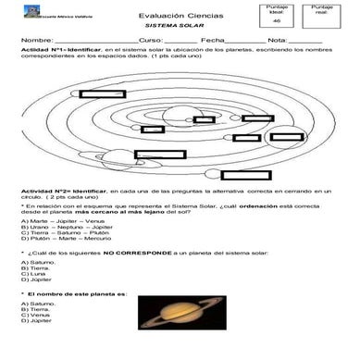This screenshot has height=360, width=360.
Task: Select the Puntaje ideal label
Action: (x=277, y=9)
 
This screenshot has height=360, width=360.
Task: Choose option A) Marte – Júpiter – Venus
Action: (x=56, y=223)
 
